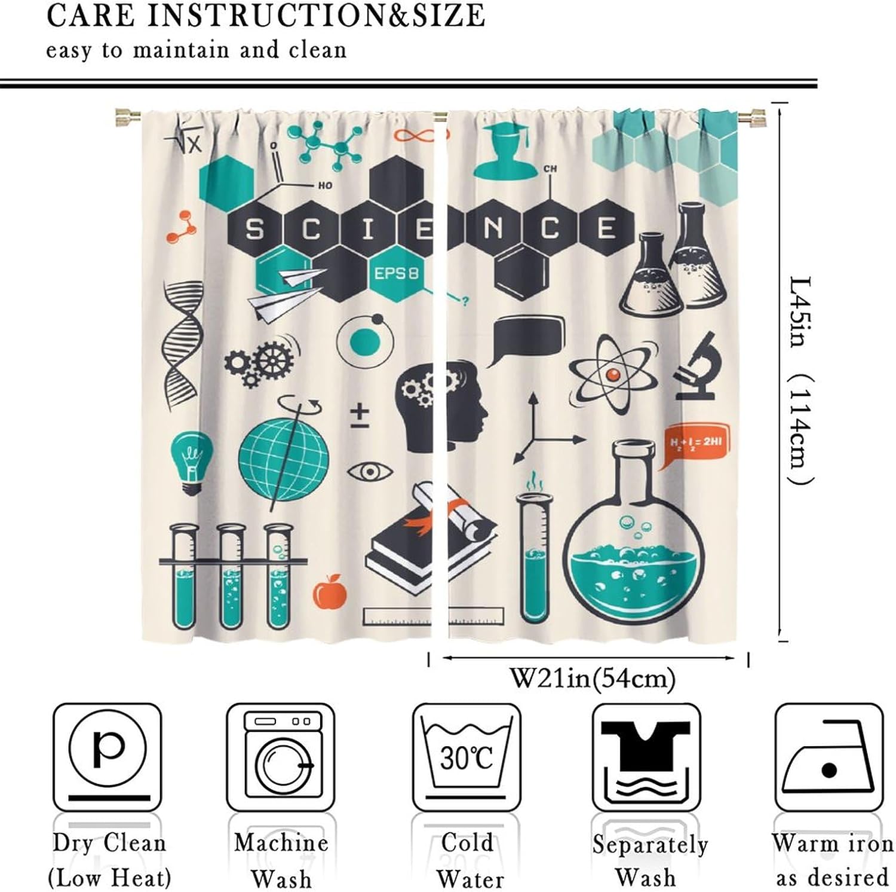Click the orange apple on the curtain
(330, 592)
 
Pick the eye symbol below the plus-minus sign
(370, 472)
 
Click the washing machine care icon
(281, 756)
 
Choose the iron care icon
(829, 756)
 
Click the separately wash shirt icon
(646, 756)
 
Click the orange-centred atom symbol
(613, 374)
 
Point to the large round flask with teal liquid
(634, 550)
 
